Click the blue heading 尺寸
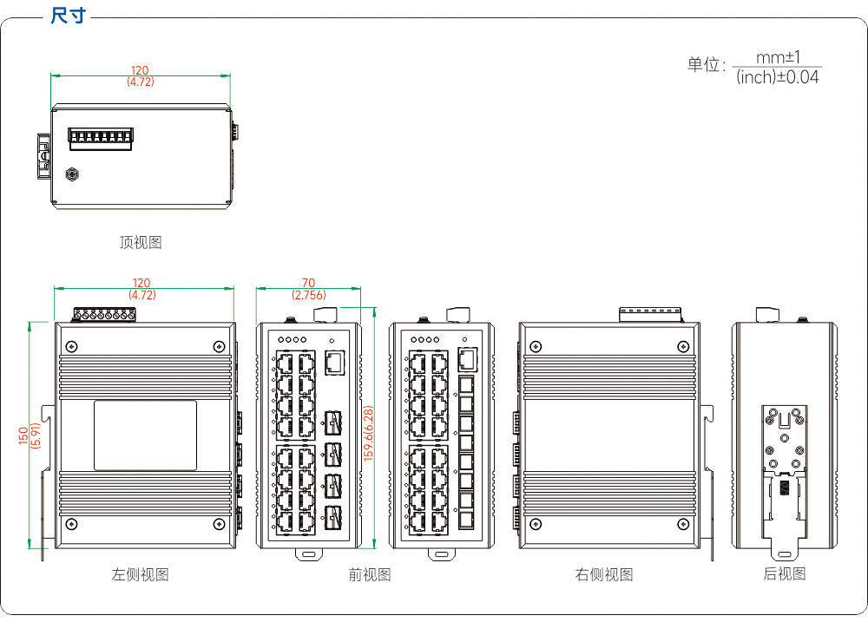tap(68, 16)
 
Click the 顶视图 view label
tap(141, 242)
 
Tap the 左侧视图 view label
tap(140, 574)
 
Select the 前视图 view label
tap(370, 574)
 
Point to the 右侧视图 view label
tap(604, 574)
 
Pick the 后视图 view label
tap(785, 574)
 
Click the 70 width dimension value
tap(308, 283)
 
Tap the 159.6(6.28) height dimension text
tap(369, 433)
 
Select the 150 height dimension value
tap(23, 435)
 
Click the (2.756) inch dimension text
tap(309, 295)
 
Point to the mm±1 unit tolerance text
tap(778, 57)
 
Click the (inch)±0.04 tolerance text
tap(777, 77)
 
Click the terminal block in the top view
tap(101, 139)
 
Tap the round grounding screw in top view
tap(72, 175)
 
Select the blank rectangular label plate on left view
tap(145, 435)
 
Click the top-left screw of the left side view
tap(71, 347)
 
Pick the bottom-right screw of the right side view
tap(683, 524)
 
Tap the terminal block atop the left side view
tap(105, 314)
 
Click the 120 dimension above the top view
tap(140, 70)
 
